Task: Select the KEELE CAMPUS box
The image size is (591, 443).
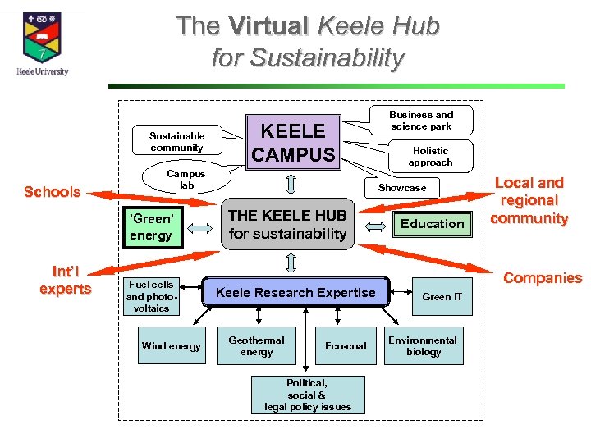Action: click(x=293, y=143)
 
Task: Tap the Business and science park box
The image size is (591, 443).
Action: click(x=421, y=121)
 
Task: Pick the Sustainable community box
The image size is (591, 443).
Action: click(x=176, y=142)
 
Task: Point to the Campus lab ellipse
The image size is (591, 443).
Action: click(x=186, y=180)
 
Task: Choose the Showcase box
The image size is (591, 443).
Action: click(x=402, y=188)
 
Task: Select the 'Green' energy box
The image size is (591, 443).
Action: click(x=151, y=226)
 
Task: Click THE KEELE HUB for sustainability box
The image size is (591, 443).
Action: click(x=287, y=224)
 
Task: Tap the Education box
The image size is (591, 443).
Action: click(x=433, y=223)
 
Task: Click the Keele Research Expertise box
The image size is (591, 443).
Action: click(x=295, y=292)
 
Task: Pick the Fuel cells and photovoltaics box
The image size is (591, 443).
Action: click(x=151, y=296)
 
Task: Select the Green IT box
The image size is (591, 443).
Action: click(x=442, y=297)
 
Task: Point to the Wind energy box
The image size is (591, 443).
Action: click(x=171, y=346)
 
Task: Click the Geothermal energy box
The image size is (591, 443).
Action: click(x=256, y=346)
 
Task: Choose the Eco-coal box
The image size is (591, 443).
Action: click(x=346, y=346)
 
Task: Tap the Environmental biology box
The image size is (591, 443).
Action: click(x=423, y=346)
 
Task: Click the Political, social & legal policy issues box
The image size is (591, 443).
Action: click(x=307, y=395)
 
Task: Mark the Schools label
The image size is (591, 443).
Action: click(x=52, y=192)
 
